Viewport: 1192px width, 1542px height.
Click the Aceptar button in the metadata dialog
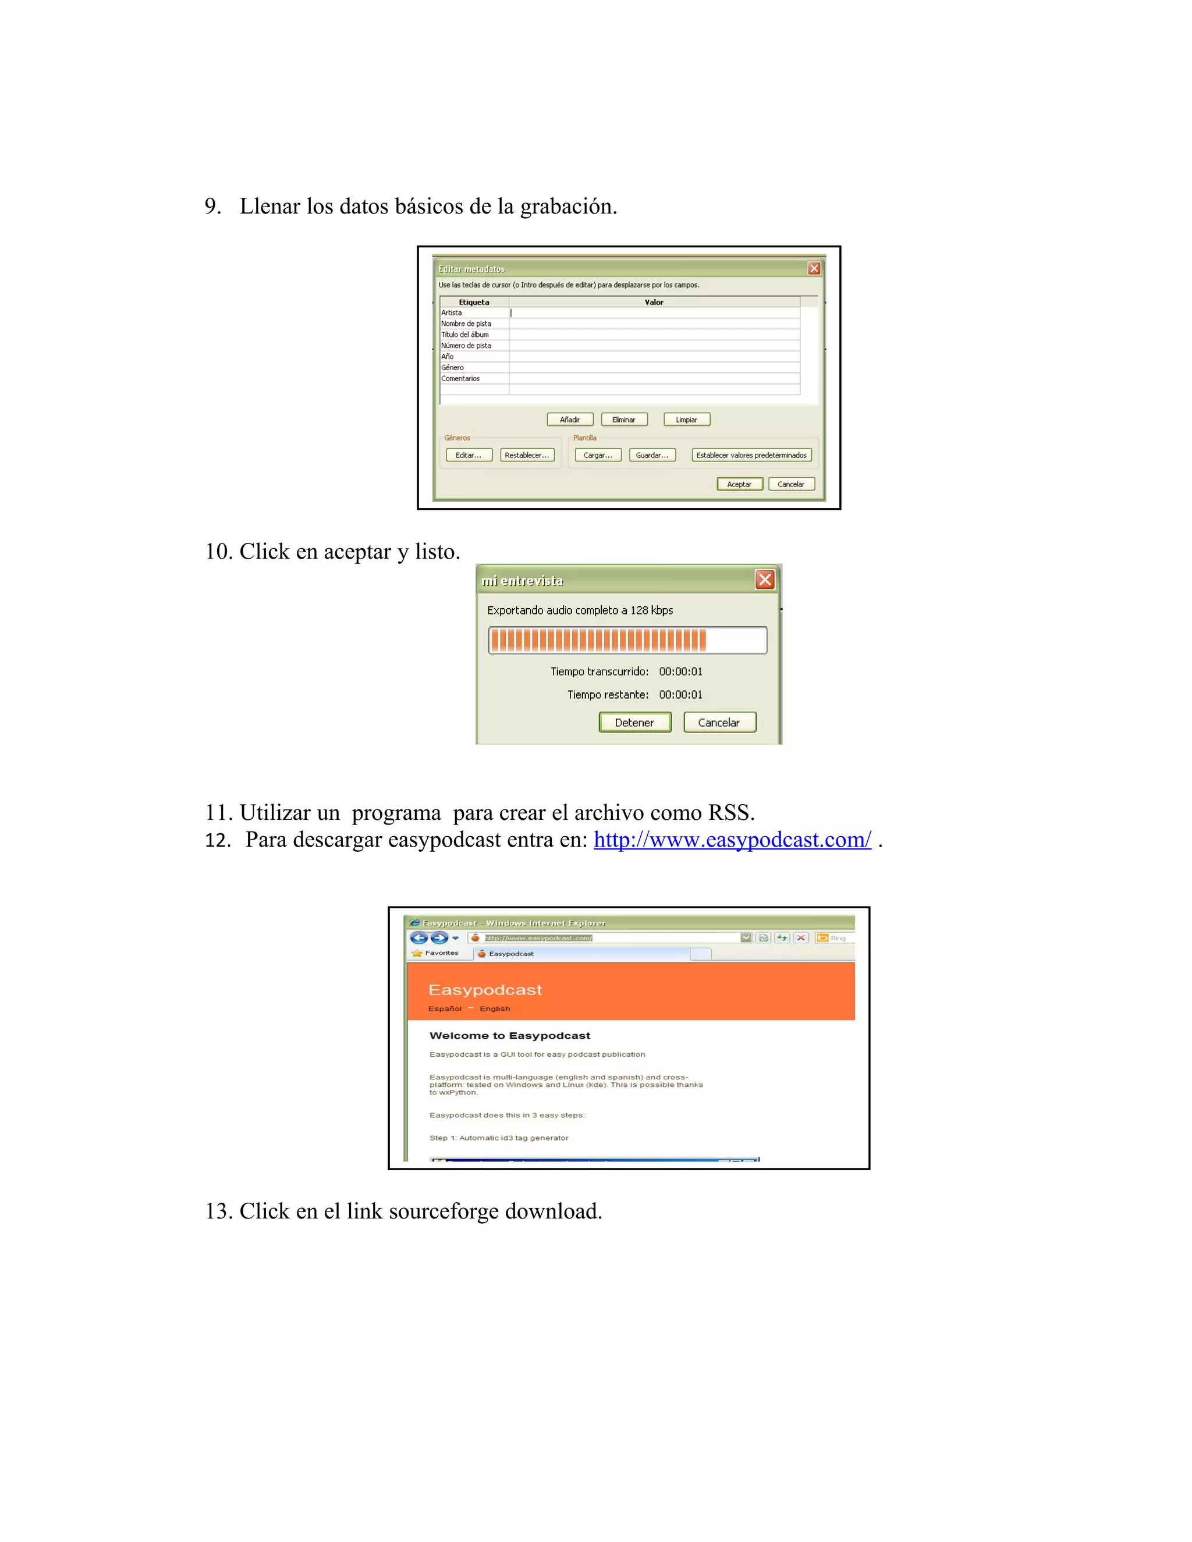point(739,484)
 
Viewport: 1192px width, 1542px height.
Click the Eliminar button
point(623,420)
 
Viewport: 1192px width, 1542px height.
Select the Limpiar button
point(686,420)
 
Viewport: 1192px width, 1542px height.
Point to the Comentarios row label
point(460,378)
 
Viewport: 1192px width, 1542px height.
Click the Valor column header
point(654,302)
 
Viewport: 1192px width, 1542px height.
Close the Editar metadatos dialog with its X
point(814,268)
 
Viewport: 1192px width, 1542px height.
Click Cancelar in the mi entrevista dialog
point(719,722)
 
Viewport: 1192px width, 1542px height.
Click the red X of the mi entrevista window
point(765,580)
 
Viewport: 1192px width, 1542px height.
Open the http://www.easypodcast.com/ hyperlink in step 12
point(732,840)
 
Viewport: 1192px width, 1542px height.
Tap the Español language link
point(445,1009)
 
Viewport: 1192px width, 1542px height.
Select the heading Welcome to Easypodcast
point(510,1036)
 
